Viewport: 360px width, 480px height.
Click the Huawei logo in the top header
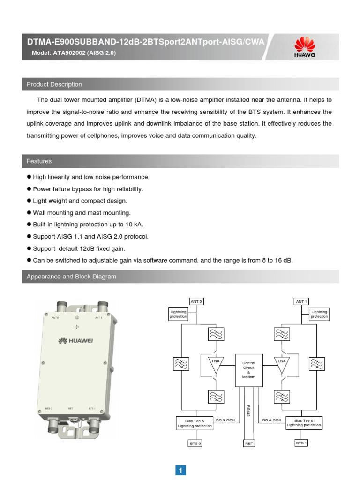304,47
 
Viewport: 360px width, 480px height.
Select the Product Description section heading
54,84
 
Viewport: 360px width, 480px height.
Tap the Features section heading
39,161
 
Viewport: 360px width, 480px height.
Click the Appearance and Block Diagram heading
71,277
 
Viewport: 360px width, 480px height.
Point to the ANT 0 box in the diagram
196,301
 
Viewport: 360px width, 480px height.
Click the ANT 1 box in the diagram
301,301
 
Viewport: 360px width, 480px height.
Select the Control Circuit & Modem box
248,370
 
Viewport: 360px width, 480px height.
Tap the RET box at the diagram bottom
249,443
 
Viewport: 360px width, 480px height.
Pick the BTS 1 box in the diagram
301,442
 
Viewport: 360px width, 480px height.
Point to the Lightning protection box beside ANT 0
178,314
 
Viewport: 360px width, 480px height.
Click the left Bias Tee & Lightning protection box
195,423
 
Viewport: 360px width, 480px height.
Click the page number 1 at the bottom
181,470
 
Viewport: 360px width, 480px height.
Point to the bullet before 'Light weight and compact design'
29,200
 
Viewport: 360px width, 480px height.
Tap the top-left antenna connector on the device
61,307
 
